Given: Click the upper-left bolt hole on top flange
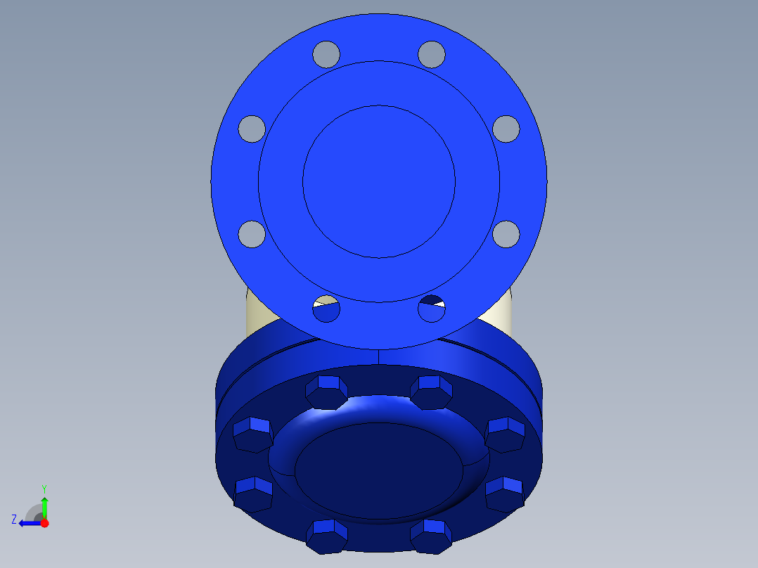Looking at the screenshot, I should tap(326, 53).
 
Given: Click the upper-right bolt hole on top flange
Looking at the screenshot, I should tap(432, 53).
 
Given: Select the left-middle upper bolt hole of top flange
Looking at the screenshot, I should tap(251, 128).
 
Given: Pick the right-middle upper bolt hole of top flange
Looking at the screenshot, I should tap(506, 128).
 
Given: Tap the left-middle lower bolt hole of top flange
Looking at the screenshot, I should tap(251, 233).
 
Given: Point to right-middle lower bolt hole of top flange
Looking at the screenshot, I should tap(506, 233).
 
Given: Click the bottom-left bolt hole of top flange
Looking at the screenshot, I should tap(326, 309).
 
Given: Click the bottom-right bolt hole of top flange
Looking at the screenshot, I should tap(432, 309).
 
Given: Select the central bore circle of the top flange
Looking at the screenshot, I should tap(379, 181).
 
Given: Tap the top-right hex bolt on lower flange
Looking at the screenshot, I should tap(430, 392).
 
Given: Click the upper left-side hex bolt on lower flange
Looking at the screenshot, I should tap(252, 434).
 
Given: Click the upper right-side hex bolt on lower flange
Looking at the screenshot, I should tap(505, 434).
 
